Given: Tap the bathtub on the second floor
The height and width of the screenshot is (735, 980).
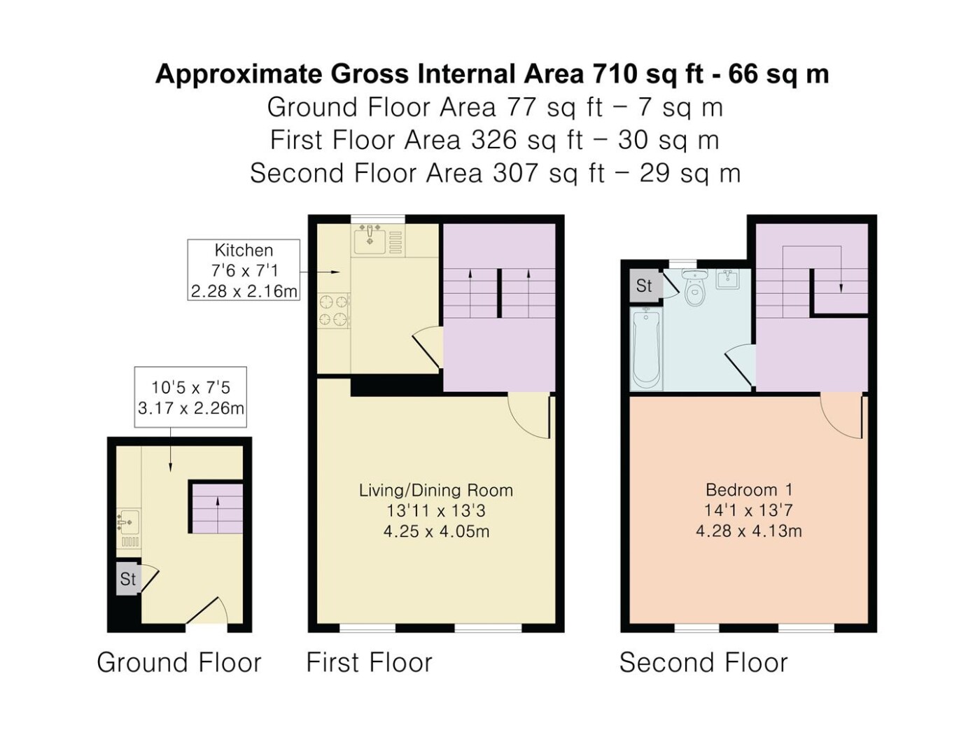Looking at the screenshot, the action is coord(645,350).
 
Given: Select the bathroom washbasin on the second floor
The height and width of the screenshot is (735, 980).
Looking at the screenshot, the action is coord(729,279).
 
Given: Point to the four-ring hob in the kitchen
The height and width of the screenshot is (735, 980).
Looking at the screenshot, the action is coord(333,311).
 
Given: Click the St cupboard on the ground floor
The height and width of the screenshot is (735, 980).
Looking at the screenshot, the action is coord(129,580).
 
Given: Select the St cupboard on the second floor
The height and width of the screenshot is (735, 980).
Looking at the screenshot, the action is coord(644,286).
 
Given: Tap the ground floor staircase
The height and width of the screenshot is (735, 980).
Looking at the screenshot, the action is coord(218,509).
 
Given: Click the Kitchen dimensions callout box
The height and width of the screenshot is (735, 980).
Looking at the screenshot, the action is coord(244,270).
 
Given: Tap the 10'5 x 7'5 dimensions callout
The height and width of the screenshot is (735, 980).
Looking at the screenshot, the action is coord(190,397).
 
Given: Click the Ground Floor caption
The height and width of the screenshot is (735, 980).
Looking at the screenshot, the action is coord(179,663).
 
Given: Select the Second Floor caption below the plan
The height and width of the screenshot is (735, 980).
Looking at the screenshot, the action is coord(703,663).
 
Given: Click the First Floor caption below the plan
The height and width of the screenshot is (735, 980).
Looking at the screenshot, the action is coord(369,663).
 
